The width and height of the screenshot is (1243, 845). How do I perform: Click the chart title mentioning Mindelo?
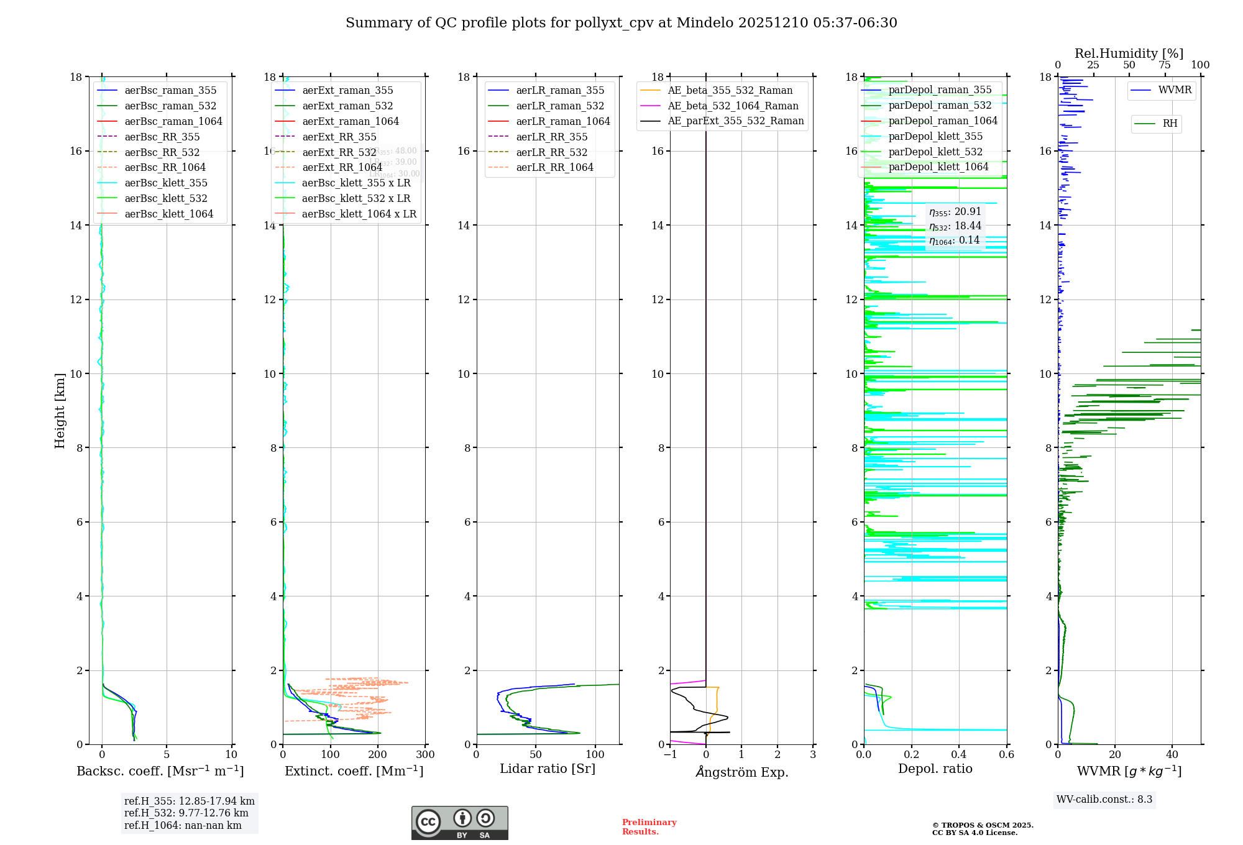(x=621, y=23)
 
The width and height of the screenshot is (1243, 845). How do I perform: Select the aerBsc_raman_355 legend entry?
(x=170, y=91)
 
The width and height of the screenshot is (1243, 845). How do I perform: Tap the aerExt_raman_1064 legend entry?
(x=351, y=122)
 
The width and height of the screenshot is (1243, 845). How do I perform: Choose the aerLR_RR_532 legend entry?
(x=551, y=152)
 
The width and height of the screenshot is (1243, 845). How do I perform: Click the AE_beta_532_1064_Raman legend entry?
(x=733, y=106)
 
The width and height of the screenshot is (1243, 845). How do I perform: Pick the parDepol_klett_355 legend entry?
(x=935, y=137)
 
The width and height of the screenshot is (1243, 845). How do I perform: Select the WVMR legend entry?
(x=1175, y=90)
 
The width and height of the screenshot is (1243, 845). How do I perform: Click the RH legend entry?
(x=1170, y=124)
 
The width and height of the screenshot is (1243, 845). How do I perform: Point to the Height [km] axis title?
(x=60, y=411)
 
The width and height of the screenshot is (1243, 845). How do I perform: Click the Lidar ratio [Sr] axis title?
(x=547, y=769)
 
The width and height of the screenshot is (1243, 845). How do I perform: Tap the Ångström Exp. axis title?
(x=742, y=772)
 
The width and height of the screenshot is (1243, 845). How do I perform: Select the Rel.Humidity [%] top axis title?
(x=1129, y=53)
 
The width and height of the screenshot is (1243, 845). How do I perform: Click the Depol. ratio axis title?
(x=935, y=769)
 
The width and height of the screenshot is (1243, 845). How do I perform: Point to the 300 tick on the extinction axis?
(x=425, y=755)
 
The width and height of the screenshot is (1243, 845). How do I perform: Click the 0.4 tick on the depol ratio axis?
(x=959, y=755)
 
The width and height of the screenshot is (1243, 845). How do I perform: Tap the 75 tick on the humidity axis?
(x=1164, y=65)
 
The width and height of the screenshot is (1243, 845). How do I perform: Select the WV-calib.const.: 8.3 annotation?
(x=1104, y=800)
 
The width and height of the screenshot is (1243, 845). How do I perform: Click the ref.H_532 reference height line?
(x=186, y=813)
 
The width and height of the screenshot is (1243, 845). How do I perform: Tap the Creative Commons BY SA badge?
(x=459, y=823)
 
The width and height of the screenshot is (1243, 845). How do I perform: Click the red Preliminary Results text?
(x=649, y=827)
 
